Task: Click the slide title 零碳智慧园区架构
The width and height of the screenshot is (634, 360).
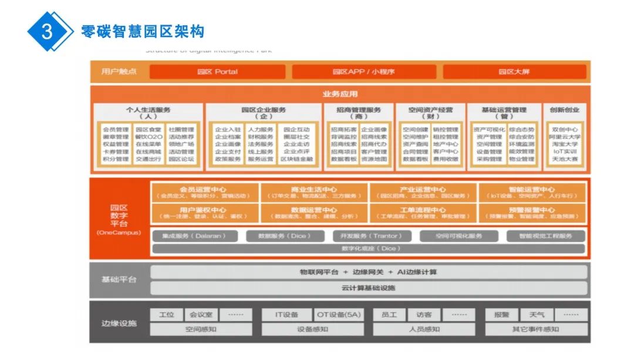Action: coord(143,31)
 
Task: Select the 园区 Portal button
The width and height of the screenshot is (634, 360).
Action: coord(217,72)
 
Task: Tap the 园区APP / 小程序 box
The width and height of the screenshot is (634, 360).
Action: coord(363,72)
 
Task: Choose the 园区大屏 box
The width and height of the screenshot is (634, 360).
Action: coord(514,72)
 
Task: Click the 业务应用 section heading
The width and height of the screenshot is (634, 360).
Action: coord(340,94)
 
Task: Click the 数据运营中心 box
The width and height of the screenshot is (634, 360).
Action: coord(314,213)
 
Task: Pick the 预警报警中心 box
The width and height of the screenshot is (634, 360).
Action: coord(532,213)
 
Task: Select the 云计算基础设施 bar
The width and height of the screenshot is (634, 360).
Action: coord(369,288)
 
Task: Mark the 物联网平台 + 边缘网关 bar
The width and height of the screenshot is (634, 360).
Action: coord(369,272)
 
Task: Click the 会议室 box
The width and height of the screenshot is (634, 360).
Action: coord(201,315)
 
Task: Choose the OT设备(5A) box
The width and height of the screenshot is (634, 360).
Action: coord(339,315)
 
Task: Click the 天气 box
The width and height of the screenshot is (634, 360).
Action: coord(537,315)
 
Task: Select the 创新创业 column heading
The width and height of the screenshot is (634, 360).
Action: coord(564,110)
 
